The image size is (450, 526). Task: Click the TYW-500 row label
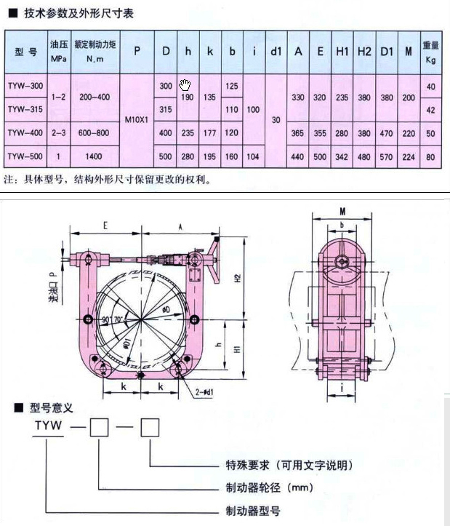[25, 156]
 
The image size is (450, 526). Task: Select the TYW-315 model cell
[25, 110]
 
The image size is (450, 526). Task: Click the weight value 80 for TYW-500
[431, 156]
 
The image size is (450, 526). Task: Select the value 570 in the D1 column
[387, 156]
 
